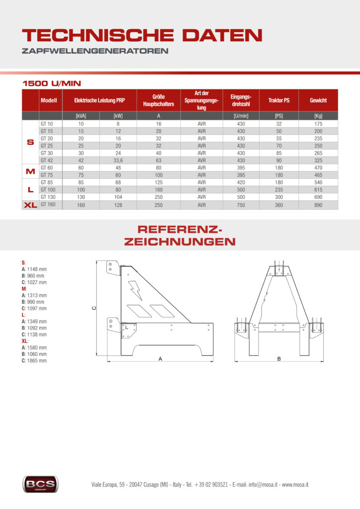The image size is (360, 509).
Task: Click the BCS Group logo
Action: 40,483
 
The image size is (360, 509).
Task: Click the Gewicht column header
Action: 318,100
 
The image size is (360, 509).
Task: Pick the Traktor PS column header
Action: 279,100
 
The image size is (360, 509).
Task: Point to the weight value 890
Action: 318,205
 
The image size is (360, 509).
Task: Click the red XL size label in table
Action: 30,205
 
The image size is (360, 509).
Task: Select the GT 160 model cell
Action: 48,204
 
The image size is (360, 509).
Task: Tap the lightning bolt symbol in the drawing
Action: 135,290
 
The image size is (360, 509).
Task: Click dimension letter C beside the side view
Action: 94,308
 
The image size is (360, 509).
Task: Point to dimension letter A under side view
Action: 160,358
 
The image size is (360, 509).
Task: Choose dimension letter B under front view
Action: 279,358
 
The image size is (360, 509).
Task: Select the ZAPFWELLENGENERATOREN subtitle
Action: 95,51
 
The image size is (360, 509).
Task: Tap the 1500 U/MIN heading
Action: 52,83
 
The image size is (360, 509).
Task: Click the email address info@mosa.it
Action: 259,484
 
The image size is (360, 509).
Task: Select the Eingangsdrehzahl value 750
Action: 241,205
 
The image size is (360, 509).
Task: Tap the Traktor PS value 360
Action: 279,205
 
